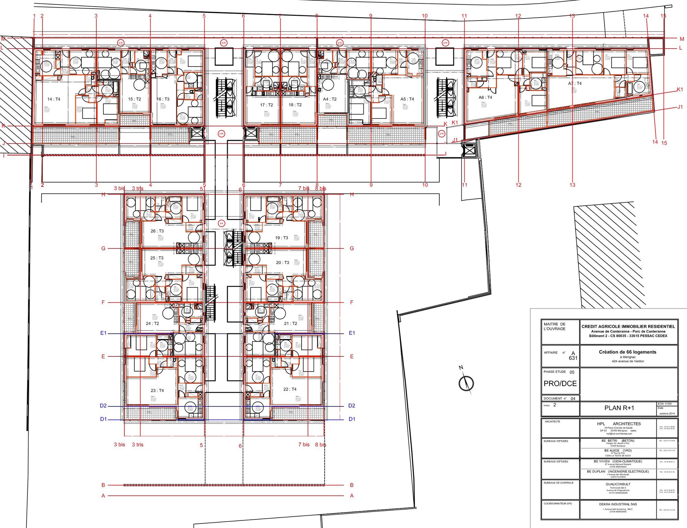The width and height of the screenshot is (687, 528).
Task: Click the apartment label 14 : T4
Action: [54, 99]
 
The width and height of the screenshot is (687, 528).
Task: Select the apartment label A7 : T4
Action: [575, 83]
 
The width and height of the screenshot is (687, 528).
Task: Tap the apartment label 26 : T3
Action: [157, 231]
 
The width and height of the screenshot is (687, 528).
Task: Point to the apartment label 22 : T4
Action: [290, 389]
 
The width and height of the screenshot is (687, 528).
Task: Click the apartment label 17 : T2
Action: [266, 105]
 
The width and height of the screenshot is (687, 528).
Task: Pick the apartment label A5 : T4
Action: [407, 99]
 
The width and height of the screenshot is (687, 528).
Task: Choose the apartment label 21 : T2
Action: [291, 323]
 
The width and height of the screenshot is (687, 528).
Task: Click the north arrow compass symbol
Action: [466, 383]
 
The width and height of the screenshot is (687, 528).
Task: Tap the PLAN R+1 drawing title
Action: [619, 408]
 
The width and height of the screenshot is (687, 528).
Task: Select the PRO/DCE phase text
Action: [560, 383]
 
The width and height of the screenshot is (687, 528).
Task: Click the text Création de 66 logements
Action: [628, 352]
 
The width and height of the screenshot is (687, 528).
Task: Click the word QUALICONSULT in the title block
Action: [618, 484]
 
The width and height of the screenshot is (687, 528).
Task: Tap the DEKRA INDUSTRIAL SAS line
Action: [618, 504]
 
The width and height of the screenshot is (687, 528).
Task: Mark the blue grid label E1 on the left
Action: [103, 333]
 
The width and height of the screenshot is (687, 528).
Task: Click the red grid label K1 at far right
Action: [680, 90]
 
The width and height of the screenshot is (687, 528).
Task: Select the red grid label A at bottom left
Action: [103, 496]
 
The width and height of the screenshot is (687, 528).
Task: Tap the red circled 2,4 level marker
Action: [221, 223]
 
